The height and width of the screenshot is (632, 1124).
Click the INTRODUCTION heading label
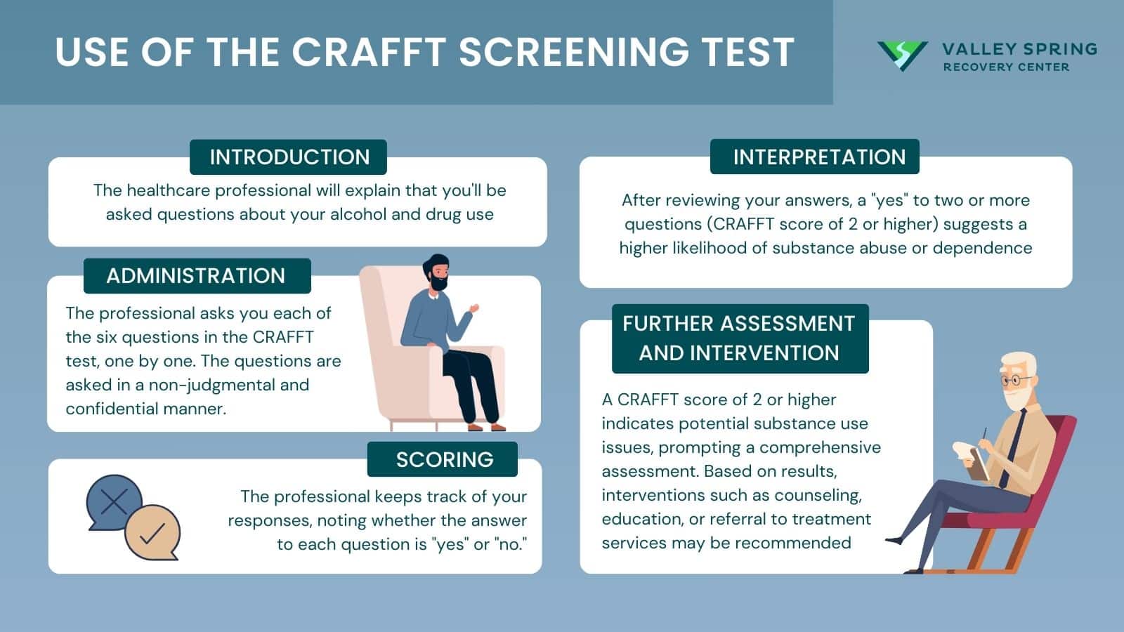tap(289, 157)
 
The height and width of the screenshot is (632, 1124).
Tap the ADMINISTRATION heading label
tap(196, 275)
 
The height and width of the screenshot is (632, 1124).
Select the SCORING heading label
tap(444, 459)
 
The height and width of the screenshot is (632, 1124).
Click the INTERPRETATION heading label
tap(819, 157)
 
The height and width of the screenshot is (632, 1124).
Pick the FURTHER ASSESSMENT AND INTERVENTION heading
tap(739, 338)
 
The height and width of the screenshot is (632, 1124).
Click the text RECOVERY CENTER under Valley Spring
tap(1006, 67)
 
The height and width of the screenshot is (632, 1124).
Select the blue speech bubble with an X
tap(112, 503)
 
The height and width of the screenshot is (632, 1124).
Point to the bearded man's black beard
tap(438, 282)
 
